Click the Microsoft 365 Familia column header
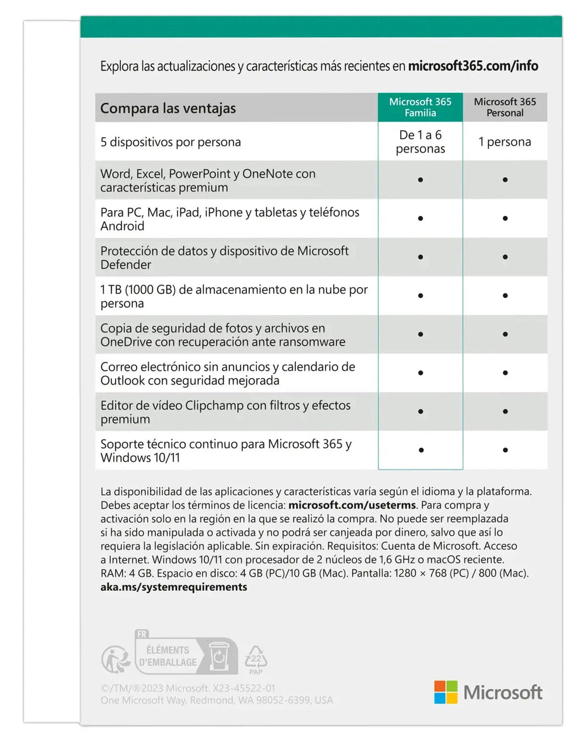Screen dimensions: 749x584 pyautogui.click(x=420, y=107)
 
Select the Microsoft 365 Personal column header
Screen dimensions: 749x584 pyautogui.click(x=505, y=107)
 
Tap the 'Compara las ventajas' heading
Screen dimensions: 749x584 pyautogui.click(x=168, y=108)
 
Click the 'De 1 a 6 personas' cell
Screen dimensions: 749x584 pyautogui.click(x=420, y=142)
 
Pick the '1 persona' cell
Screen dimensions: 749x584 pyautogui.click(x=505, y=142)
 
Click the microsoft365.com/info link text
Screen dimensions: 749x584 pyautogui.click(x=473, y=66)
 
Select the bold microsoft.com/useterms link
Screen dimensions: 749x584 pyautogui.click(x=352, y=505)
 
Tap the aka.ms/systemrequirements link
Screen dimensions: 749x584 pyautogui.click(x=173, y=587)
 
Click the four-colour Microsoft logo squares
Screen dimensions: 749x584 pyautogui.click(x=446, y=692)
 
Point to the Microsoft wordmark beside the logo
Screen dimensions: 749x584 pyautogui.click(x=503, y=693)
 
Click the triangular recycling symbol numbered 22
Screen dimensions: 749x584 pyautogui.click(x=256, y=659)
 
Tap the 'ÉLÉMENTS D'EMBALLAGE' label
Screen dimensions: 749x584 pyautogui.click(x=168, y=656)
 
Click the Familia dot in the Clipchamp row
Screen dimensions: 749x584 pyautogui.click(x=420, y=412)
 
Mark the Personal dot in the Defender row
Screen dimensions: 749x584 pyautogui.click(x=505, y=257)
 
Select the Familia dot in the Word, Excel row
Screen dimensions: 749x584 pyautogui.click(x=420, y=180)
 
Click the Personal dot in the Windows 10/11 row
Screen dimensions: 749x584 pyautogui.click(x=505, y=450)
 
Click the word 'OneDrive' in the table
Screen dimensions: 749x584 pyautogui.click(x=126, y=342)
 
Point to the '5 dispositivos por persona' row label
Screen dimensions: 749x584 pyautogui.click(x=171, y=142)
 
